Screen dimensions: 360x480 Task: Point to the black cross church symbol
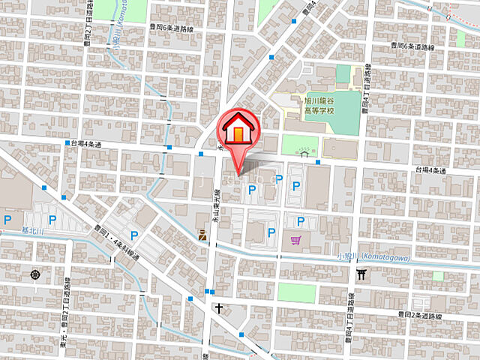point(218,307)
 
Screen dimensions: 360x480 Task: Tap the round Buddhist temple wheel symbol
point(36,275)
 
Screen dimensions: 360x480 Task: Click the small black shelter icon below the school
point(304,153)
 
